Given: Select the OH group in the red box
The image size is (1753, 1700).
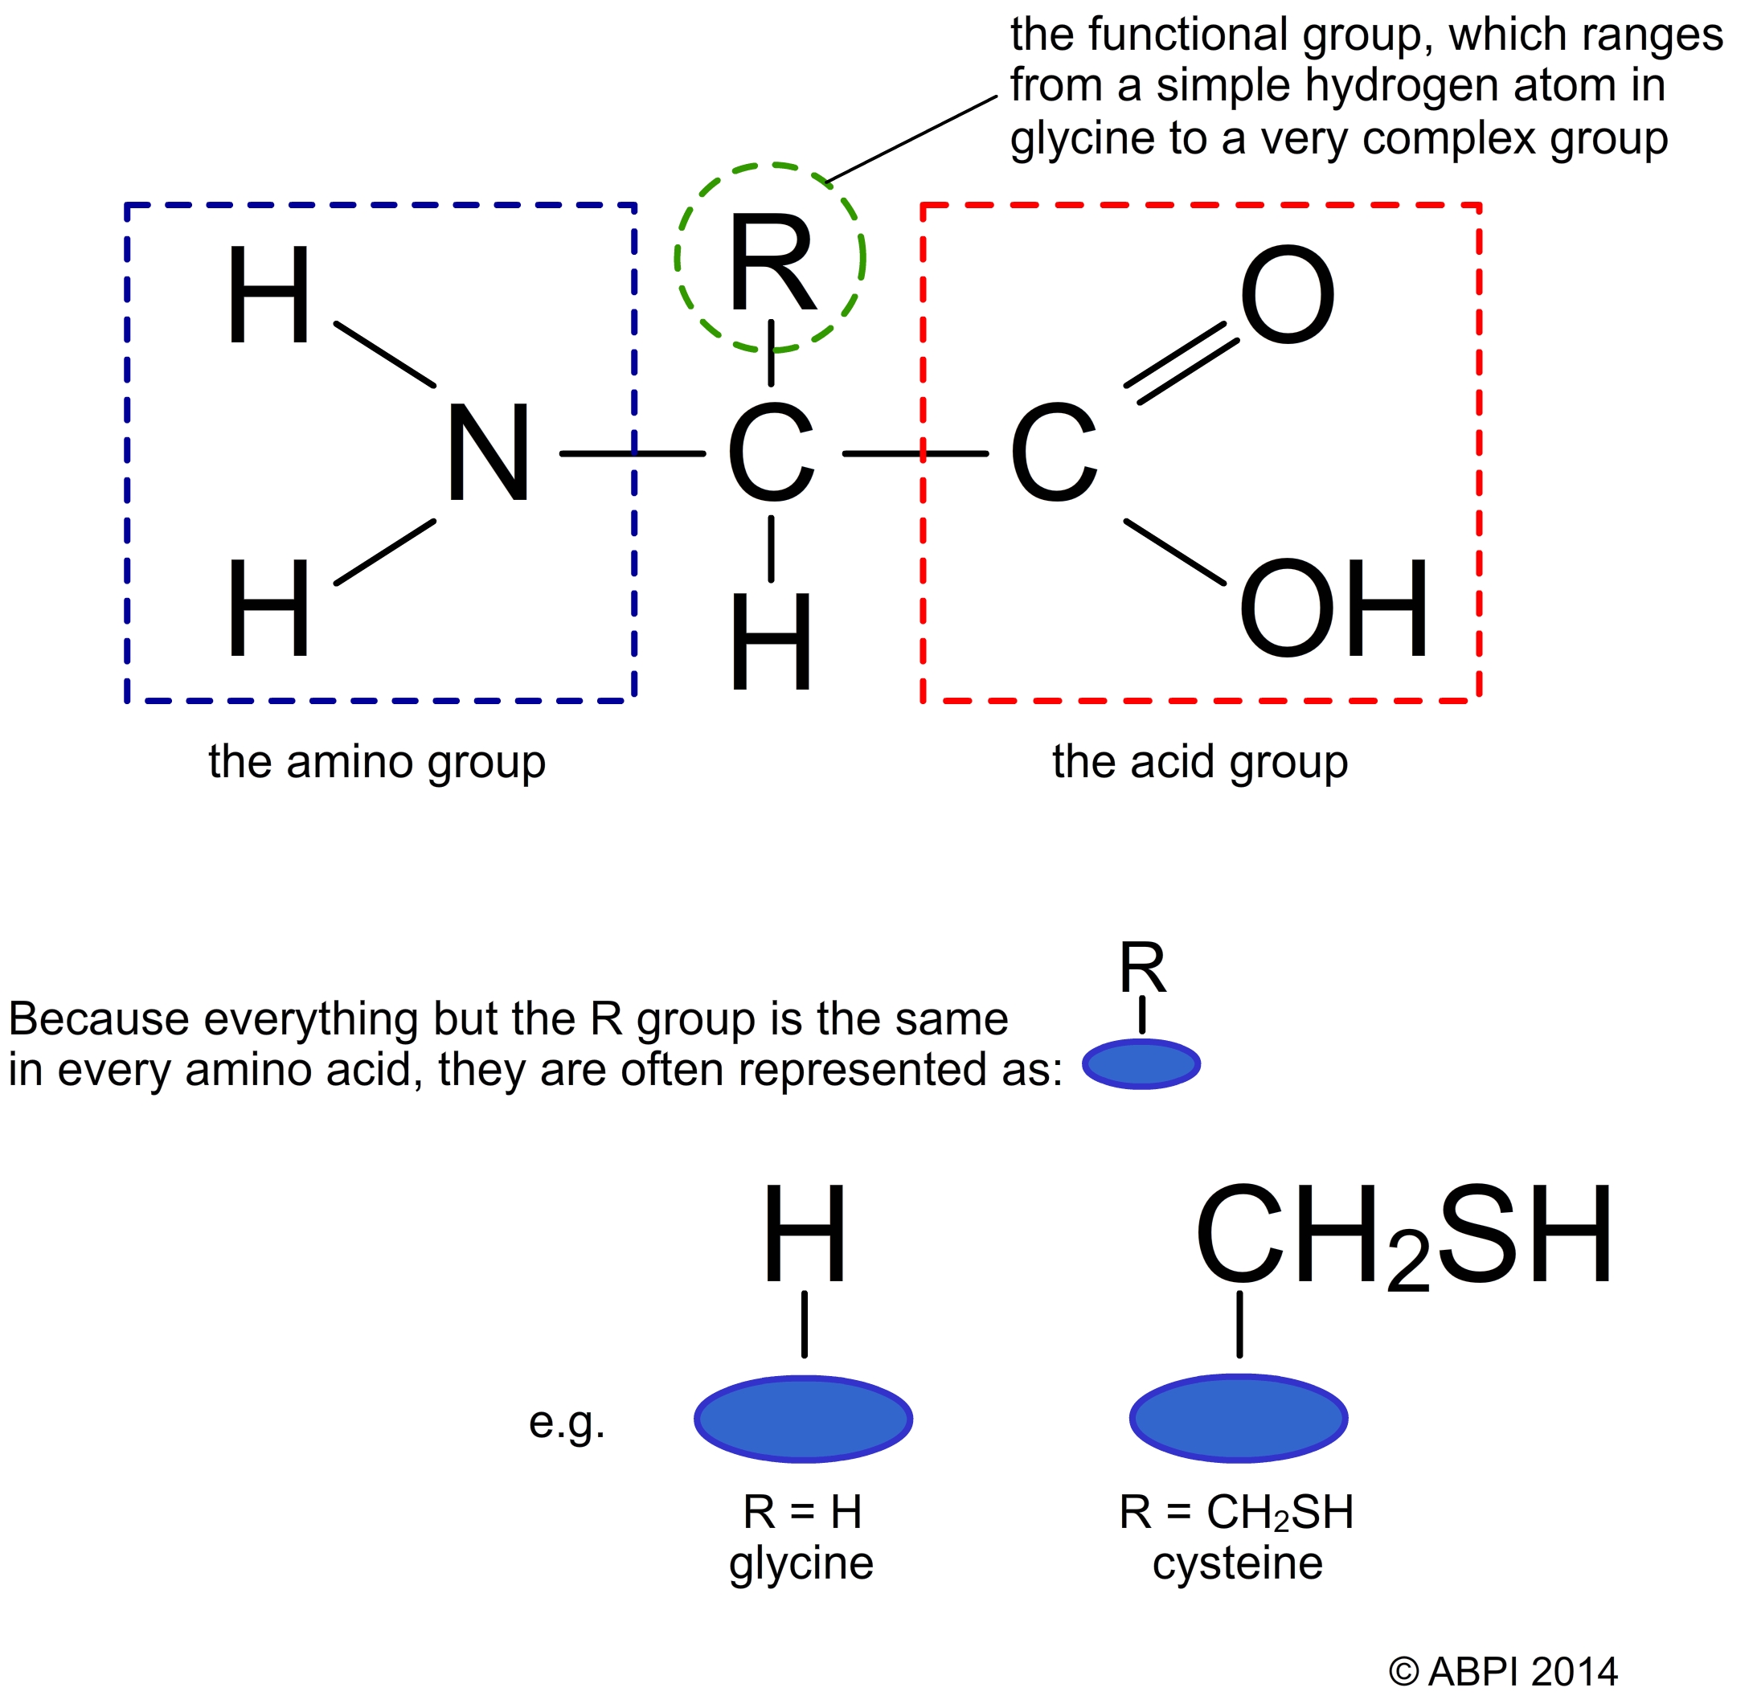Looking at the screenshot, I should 1333,608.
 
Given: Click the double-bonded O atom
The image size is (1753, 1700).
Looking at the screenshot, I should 1287,294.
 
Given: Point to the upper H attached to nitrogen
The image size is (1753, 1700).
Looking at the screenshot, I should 268,294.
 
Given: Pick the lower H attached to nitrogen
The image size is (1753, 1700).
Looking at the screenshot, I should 268,608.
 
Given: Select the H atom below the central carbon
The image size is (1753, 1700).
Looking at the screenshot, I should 771,642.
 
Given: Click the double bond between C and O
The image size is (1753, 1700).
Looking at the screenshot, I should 1182,363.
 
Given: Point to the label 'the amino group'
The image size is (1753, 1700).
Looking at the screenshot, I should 376,763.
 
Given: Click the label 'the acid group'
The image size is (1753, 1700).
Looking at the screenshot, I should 1199,763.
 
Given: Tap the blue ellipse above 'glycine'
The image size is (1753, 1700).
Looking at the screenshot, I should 803,1419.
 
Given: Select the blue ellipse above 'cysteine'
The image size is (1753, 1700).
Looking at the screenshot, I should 1239,1419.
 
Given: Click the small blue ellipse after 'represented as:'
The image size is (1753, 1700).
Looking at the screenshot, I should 1141,1064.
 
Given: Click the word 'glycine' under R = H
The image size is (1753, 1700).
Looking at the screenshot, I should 801,1563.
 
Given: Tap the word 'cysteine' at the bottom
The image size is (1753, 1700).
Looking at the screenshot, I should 1237,1563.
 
